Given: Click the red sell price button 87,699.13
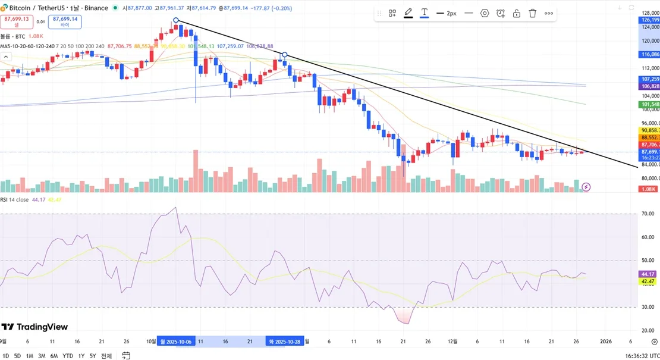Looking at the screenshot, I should pos(16,21).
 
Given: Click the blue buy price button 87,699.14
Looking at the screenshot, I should pos(65,21).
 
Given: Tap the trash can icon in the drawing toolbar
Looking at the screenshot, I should pos(532,13).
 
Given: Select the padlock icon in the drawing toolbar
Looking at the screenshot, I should pos(516,13).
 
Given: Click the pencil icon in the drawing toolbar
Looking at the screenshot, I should pos(408,13).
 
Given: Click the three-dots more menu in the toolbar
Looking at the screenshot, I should pos(548,13).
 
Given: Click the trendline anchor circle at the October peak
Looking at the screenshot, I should pos(176,21).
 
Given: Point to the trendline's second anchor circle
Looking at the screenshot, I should pos(285,55).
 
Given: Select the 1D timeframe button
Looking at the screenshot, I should pos(5,355).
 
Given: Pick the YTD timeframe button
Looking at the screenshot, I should pos(68,355).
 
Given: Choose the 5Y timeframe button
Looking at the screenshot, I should pos(93,355).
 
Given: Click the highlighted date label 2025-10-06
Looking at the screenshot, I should pos(176,342).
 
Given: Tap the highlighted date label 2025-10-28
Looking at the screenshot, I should pos(285,342).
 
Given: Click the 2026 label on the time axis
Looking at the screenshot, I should pos(606,342).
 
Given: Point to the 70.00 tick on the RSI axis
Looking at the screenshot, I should pos(648,214).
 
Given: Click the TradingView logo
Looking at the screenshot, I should pos(34,327).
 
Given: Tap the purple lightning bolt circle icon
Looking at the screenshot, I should pos(586,187).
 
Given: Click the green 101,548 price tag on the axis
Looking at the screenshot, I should pos(649,105).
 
